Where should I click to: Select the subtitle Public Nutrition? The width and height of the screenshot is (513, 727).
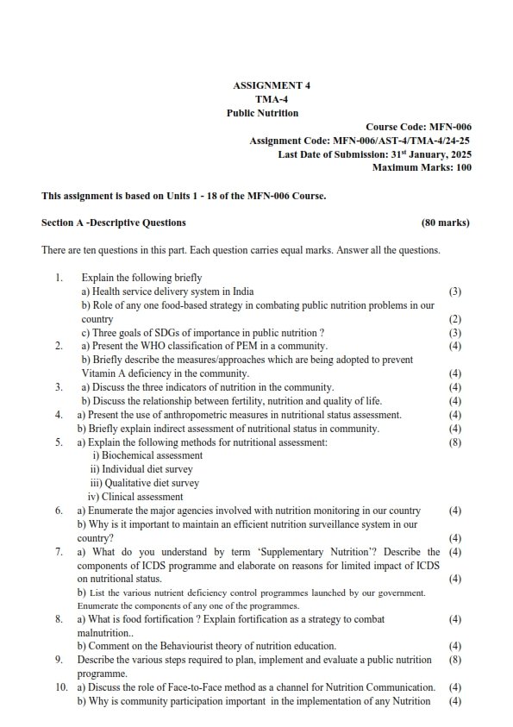(x=262, y=113)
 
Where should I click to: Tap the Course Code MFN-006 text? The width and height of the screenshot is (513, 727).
(x=418, y=127)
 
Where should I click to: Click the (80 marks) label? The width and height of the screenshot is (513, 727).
(x=445, y=222)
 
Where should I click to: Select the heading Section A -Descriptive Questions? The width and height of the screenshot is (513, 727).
(x=113, y=222)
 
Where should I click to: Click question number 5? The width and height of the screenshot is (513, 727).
(x=59, y=442)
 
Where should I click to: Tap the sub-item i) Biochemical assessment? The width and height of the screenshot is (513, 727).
(x=147, y=455)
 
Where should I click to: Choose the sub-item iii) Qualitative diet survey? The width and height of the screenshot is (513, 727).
(x=144, y=483)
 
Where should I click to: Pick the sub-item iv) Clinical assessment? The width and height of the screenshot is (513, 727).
(x=135, y=497)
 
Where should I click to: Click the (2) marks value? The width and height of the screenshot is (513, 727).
(x=455, y=319)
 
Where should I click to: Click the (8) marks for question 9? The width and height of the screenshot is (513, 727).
(x=455, y=660)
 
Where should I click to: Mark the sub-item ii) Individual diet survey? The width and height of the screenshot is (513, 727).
(x=141, y=469)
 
